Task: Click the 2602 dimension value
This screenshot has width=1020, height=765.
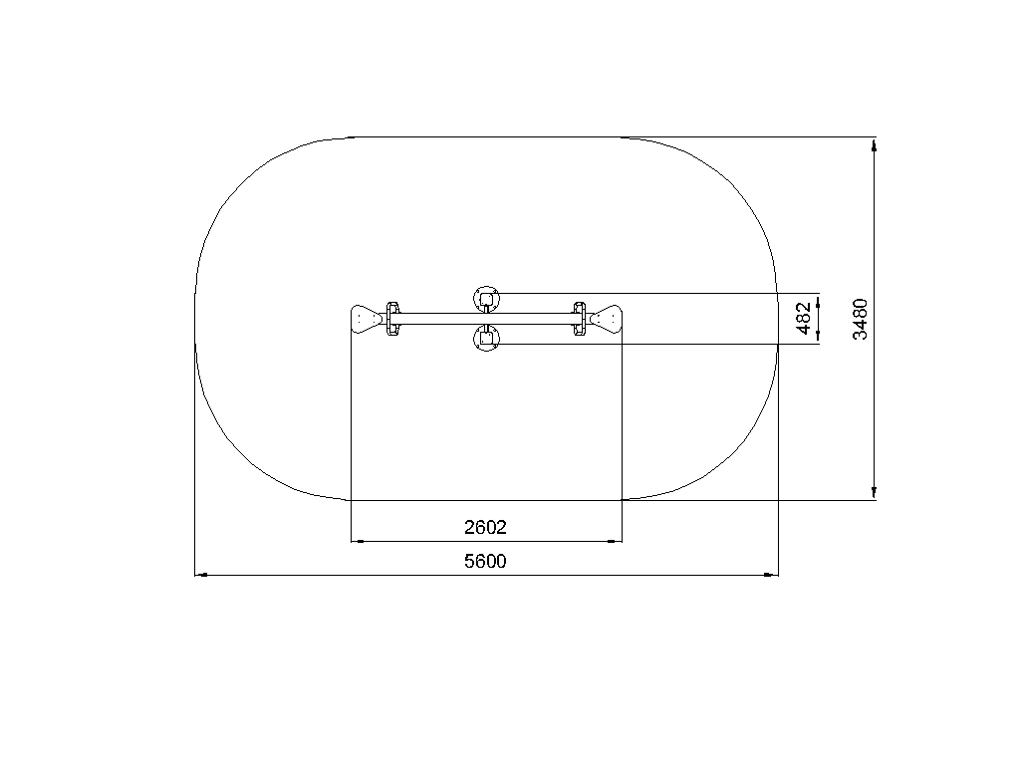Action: (485, 527)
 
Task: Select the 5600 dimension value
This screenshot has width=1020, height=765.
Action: (485, 561)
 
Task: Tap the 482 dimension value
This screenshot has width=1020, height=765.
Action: (804, 318)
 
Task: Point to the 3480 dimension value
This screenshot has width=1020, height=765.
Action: (860, 319)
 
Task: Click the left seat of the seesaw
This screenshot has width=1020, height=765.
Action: (366, 319)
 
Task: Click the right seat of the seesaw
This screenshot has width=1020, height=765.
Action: (607, 319)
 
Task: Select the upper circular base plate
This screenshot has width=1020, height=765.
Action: (486, 299)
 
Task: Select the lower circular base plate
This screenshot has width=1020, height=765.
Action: (486, 339)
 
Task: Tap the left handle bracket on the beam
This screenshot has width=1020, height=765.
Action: (392, 319)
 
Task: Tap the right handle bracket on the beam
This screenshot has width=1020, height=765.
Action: (579, 319)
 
